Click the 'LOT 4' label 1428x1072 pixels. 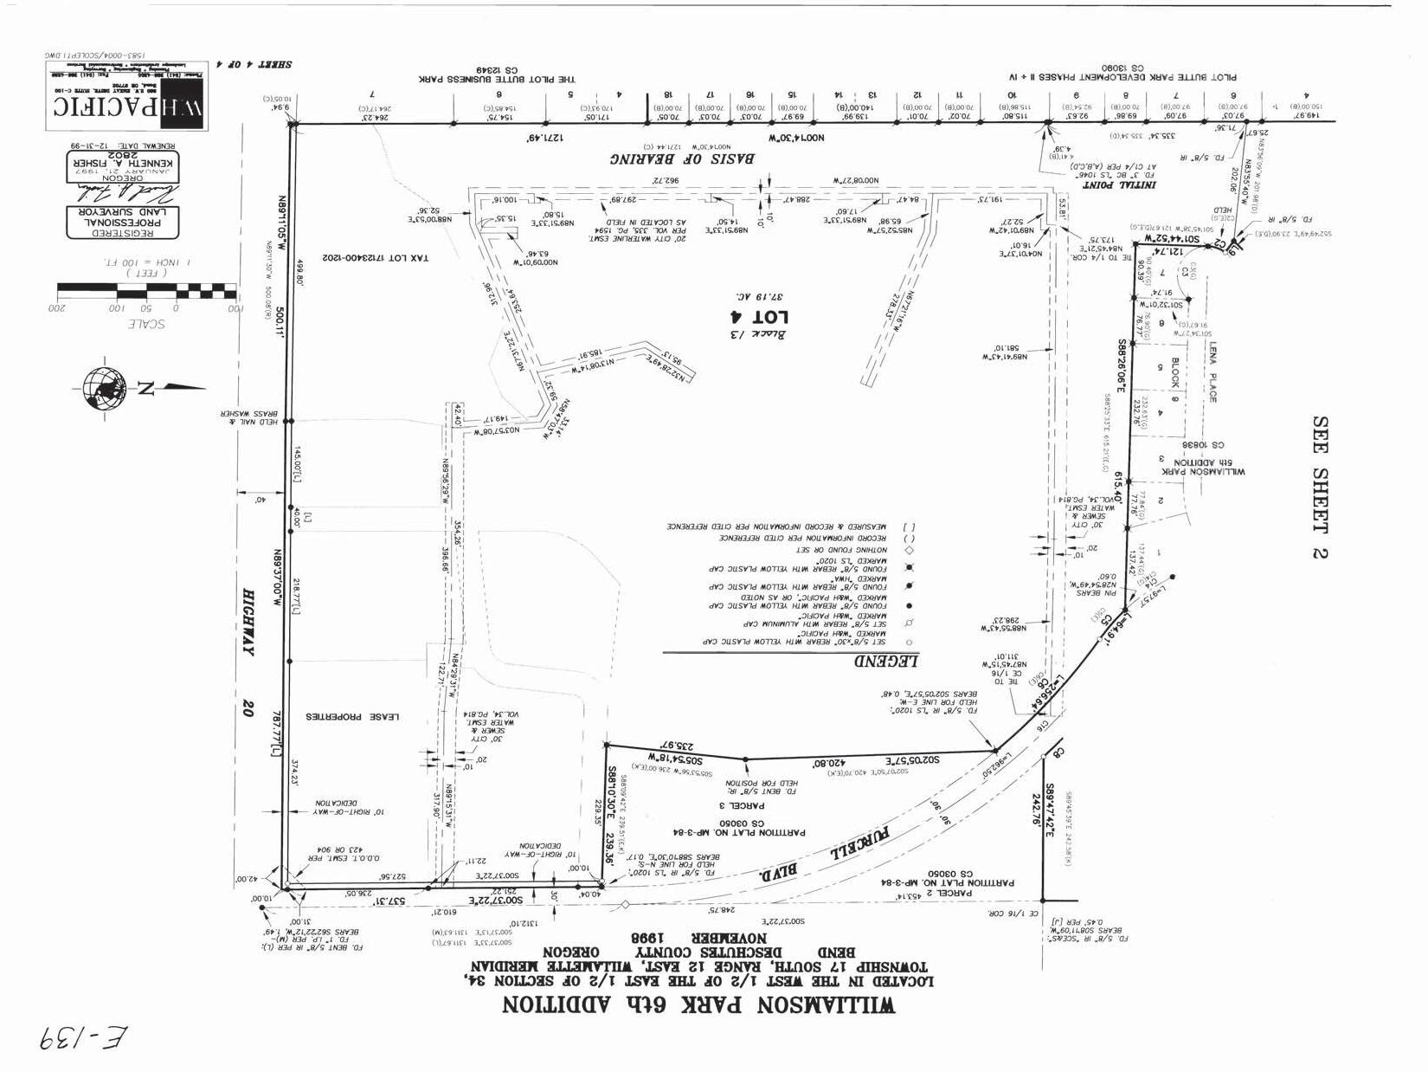coord(748,317)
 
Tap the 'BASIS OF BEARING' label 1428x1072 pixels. coord(681,158)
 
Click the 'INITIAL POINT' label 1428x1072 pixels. coord(1111,184)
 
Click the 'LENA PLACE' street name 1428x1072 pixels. coord(1213,371)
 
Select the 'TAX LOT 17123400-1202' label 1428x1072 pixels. coord(375,257)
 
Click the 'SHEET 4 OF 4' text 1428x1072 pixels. coord(259,64)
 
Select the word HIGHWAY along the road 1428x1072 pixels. coord(249,622)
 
